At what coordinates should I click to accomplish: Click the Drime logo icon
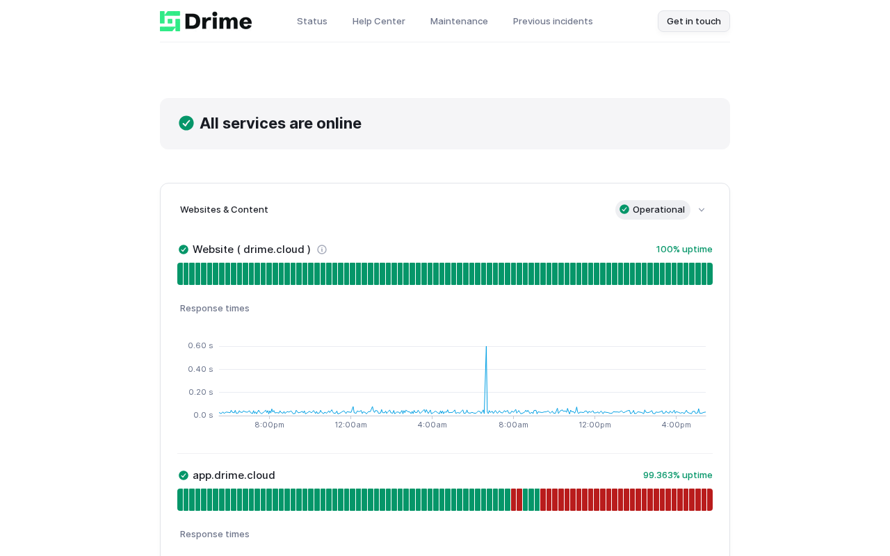point(170,21)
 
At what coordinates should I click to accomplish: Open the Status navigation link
point(312,21)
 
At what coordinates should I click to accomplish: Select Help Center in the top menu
point(379,21)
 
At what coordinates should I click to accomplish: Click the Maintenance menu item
point(459,21)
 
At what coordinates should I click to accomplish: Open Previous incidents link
point(553,21)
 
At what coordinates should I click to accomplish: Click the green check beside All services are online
point(186,123)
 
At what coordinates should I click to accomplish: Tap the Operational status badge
point(652,210)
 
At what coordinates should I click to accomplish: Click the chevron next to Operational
point(702,210)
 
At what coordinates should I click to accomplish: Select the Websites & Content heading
point(224,210)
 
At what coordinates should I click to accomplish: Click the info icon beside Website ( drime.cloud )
point(322,250)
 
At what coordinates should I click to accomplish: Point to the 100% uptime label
point(684,250)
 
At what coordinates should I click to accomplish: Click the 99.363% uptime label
point(678,475)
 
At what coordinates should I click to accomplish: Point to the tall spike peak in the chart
point(486,347)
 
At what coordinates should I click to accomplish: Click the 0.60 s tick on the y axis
point(201,345)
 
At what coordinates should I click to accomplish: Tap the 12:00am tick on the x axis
point(351,425)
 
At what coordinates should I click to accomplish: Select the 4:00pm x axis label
point(677,425)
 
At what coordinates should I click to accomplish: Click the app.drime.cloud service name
point(234,475)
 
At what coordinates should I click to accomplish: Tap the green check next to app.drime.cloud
point(184,475)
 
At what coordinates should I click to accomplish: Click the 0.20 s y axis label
point(201,392)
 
